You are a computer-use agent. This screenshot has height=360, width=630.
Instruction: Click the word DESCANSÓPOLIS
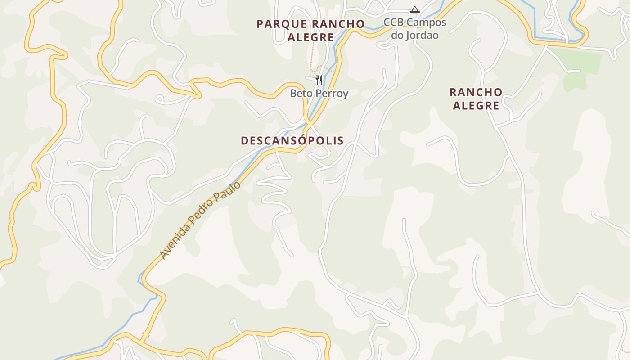(x=292, y=141)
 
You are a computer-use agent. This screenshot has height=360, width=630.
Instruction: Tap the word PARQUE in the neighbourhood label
(x=282, y=24)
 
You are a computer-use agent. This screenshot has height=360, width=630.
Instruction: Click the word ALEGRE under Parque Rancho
(x=310, y=38)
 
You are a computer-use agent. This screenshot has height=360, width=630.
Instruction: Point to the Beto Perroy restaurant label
(x=319, y=94)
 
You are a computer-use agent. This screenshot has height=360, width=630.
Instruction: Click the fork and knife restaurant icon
(x=319, y=80)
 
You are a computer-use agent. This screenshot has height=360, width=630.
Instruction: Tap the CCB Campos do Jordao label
(x=414, y=28)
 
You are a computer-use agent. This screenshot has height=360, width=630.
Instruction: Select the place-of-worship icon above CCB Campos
(x=414, y=9)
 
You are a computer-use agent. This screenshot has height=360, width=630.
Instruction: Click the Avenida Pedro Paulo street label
(x=200, y=220)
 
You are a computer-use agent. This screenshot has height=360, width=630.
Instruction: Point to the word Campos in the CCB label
(x=427, y=22)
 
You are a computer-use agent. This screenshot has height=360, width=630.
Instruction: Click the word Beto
(x=300, y=94)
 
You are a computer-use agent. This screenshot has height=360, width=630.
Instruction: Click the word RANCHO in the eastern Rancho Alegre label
(x=476, y=92)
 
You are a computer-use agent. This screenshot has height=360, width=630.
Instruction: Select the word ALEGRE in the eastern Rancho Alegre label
(x=476, y=106)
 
